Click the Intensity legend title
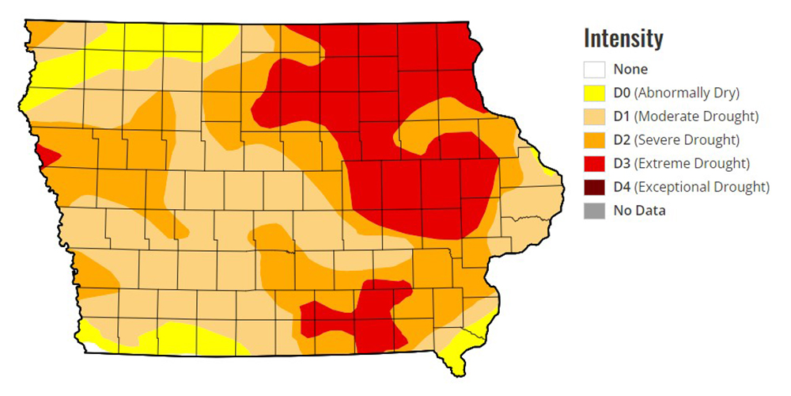[623, 38]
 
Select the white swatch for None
[595, 70]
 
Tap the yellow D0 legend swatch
[595, 93]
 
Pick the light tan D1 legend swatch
[595, 116]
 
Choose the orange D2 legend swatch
[595, 140]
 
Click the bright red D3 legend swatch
[595, 164]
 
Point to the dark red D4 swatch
[595, 188]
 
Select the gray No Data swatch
[595, 211]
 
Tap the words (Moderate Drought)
[697, 116]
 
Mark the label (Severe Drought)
[687, 140]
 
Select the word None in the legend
[630, 70]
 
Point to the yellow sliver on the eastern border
[545, 162]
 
